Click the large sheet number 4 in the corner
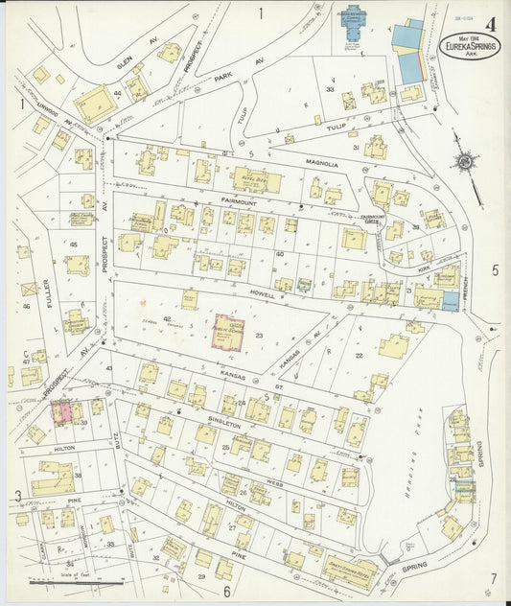[491, 25]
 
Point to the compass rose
[463, 163]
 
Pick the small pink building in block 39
[63, 411]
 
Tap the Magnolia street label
[322, 164]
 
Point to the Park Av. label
[223, 77]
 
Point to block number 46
[27, 306]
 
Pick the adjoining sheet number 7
[493, 577]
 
